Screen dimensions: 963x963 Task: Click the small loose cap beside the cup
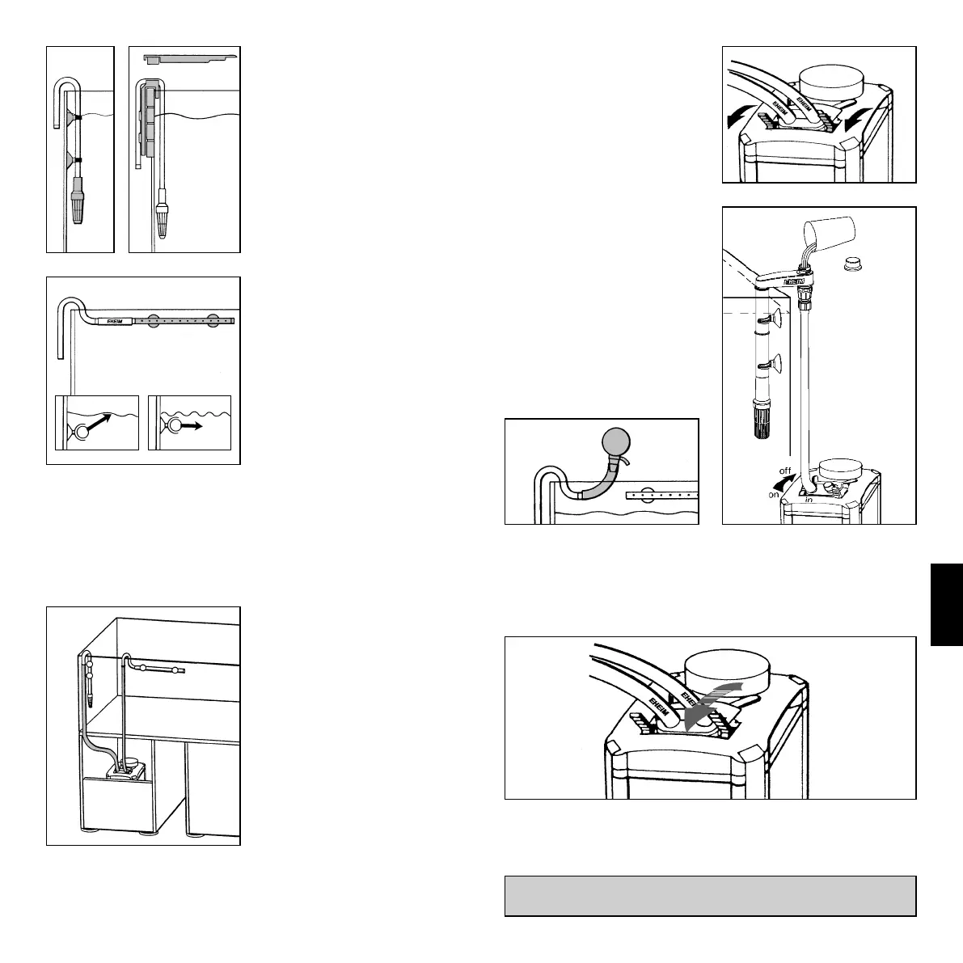pos(853,263)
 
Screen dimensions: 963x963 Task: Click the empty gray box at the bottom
pos(710,896)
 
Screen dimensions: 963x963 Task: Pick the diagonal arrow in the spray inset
pos(99,421)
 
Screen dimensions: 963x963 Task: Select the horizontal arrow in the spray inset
pos(196,422)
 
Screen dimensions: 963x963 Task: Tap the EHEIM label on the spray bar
pos(108,321)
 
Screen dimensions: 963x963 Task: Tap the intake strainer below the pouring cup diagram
pos(760,420)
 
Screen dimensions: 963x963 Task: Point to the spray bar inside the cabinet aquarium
pos(160,669)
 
